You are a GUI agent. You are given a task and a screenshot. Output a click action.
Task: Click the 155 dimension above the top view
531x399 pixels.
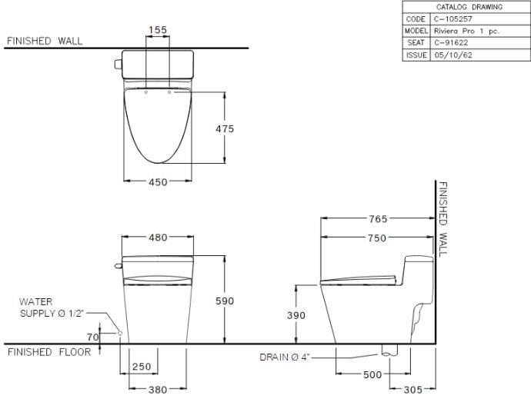pyautogui.click(x=157, y=30)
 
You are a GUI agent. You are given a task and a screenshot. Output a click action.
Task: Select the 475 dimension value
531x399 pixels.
pyautogui.click(x=225, y=129)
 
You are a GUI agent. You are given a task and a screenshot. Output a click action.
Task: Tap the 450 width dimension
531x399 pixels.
pyautogui.click(x=157, y=182)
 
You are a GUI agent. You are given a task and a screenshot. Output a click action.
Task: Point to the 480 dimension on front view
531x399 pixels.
pyautogui.click(x=157, y=238)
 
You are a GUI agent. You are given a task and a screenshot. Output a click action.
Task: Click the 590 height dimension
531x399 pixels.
pyautogui.click(x=224, y=301)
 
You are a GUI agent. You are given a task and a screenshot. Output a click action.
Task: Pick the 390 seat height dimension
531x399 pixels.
pyautogui.click(x=296, y=315)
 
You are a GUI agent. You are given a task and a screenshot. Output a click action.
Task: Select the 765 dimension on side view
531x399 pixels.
pyautogui.click(x=377, y=219)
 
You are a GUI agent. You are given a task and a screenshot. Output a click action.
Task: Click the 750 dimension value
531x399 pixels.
pyautogui.click(x=377, y=238)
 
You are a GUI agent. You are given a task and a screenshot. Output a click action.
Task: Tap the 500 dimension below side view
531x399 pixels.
pyautogui.click(x=373, y=374)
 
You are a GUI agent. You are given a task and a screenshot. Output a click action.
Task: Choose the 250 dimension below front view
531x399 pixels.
pyautogui.click(x=141, y=367)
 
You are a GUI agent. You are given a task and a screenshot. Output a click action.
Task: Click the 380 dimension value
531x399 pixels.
pyautogui.click(x=157, y=390)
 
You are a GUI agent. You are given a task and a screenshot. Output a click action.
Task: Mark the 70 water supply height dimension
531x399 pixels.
pyautogui.click(x=93, y=337)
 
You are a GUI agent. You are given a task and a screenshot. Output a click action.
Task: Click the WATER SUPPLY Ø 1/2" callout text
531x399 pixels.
pyautogui.click(x=52, y=308)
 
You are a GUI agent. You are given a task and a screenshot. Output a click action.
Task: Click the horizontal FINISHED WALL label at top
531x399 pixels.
pyautogui.click(x=44, y=41)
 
